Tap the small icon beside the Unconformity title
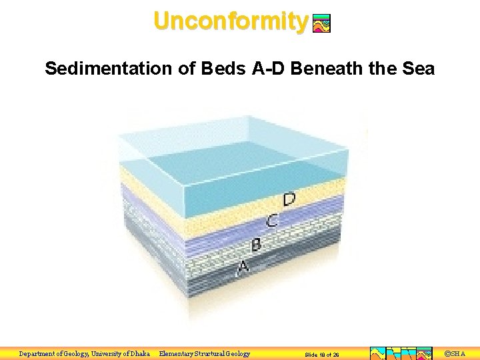321,24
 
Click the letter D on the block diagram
289,199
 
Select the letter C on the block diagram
272,220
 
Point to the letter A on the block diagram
243,267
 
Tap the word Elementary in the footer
178,353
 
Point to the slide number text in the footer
322,355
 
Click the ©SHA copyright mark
455,353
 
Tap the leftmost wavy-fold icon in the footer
377,353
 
